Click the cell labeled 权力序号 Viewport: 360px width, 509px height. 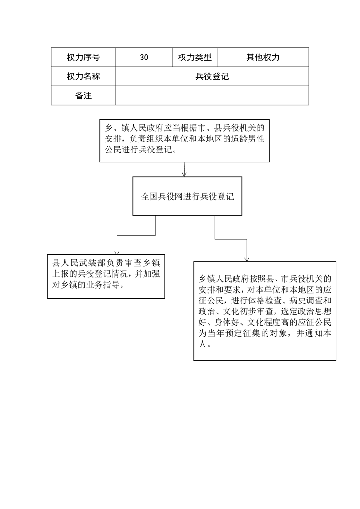[x=83, y=57]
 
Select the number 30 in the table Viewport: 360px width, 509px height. [x=144, y=58]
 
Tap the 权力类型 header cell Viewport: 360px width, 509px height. [x=195, y=57]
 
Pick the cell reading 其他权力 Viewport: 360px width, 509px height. [x=263, y=57]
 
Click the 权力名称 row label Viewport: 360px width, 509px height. [x=83, y=76]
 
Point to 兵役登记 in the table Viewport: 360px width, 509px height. [x=212, y=76]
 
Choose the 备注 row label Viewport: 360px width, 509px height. [x=83, y=95]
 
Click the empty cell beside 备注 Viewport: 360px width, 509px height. [x=212, y=95]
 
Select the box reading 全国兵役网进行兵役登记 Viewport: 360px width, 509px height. [x=187, y=196]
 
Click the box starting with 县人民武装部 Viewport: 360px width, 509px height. [x=106, y=276]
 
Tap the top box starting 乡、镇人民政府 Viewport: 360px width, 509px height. [x=184, y=141]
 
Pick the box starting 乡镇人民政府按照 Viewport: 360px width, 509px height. [x=265, y=311]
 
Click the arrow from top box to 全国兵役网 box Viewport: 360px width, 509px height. [x=184, y=170]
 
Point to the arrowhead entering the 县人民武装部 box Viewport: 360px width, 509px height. [x=117, y=253]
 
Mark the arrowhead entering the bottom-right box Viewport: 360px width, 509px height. [x=247, y=259]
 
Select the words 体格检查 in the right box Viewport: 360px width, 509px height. [x=264, y=300]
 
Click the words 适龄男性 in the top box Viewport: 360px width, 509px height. [x=248, y=139]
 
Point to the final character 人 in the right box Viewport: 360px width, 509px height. [x=203, y=344]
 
